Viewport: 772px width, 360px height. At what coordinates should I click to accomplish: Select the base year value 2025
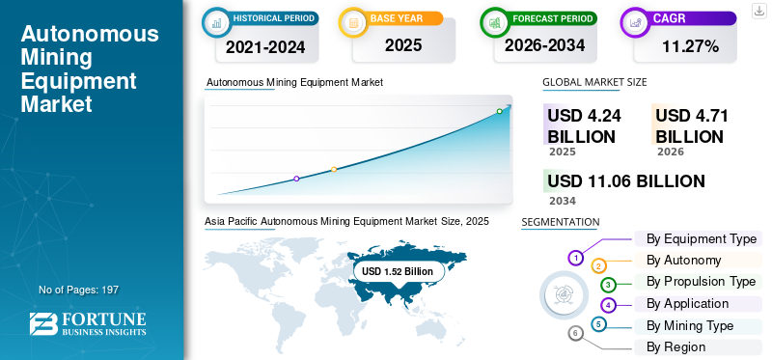(x=403, y=45)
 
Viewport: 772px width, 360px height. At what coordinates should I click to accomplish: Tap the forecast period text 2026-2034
(x=544, y=45)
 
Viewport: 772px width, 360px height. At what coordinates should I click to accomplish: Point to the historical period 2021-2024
(x=266, y=47)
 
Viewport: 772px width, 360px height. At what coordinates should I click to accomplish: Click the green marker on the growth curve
(x=499, y=111)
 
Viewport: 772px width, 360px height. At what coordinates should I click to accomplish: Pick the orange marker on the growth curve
(x=334, y=170)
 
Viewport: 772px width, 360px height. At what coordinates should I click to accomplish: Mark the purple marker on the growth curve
(x=296, y=179)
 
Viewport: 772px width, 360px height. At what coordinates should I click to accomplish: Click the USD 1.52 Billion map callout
(x=398, y=271)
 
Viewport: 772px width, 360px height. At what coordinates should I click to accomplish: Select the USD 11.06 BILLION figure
(x=626, y=181)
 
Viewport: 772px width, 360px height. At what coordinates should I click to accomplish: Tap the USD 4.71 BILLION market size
(x=691, y=126)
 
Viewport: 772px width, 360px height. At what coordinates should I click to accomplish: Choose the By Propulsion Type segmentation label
(x=702, y=282)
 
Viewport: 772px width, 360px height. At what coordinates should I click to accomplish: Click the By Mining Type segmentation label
(x=690, y=326)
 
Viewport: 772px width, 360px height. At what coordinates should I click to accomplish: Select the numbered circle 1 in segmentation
(x=575, y=258)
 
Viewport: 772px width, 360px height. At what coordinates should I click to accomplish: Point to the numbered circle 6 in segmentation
(x=575, y=334)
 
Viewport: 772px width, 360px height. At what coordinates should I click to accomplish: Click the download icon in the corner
(x=758, y=11)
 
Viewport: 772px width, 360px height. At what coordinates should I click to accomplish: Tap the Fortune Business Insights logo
(x=88, y=323)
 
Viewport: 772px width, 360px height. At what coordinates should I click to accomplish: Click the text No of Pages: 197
(x=79, y=290)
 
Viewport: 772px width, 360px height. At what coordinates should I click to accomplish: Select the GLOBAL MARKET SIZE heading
(x=594, y=82)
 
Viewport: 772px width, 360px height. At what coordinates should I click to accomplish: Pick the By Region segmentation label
(x=676, y=347)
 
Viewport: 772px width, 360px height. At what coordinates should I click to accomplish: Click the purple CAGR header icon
(x=634, y=22)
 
